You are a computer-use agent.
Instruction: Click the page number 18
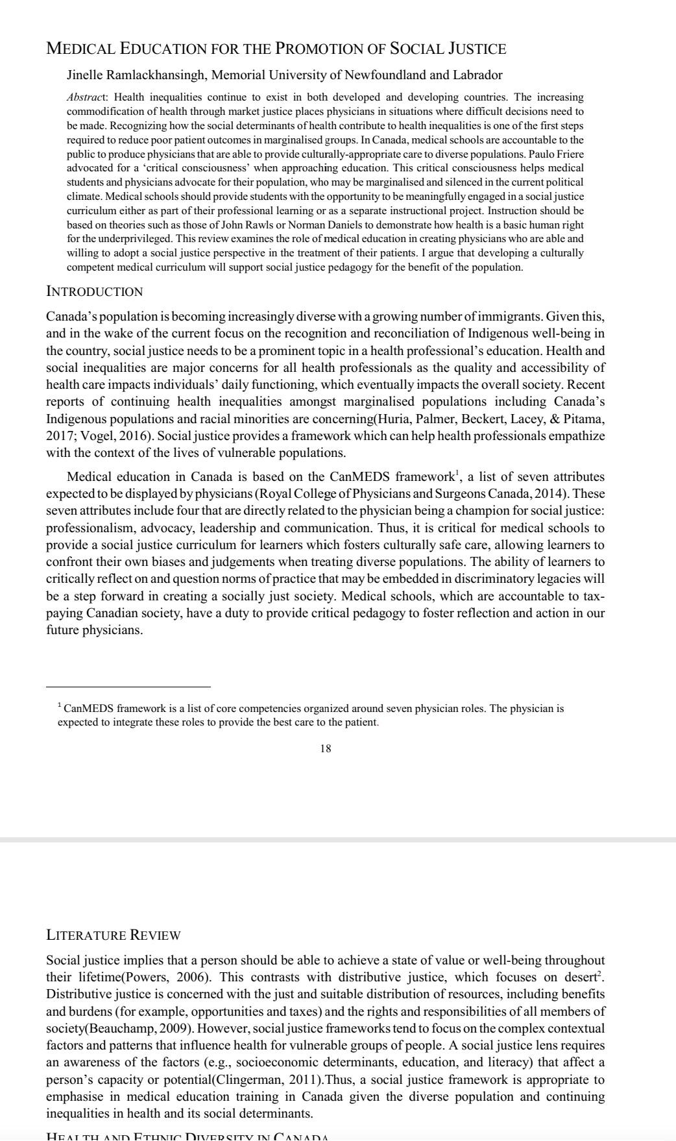pos(326,748)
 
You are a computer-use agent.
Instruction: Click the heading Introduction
pos(95,291)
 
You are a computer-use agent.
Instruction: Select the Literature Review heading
pos(114,935)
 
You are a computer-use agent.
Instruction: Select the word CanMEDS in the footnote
pos(88,709)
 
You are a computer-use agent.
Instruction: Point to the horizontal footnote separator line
pos(128,686)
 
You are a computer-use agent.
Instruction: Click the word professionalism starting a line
pos(88,528)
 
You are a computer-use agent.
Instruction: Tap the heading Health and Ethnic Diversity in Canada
pos(188,1135)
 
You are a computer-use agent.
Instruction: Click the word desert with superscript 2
pos(581,977)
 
